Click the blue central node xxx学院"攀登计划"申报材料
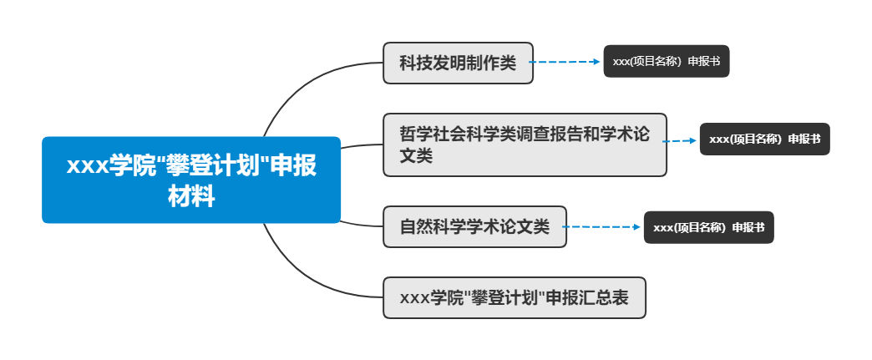pyautogui.click(x=191, y=180)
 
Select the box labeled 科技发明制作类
pyautogui.click(x=458, y=63)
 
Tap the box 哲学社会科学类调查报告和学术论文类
pyautogui.click(x=525, y=145)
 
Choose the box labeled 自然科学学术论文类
pyautogui.click(x=474, y=226)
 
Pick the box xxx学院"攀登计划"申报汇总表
pyautogui.click(x=515, y=297)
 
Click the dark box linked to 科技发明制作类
pyautogui.click(x=666, y=61)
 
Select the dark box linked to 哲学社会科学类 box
pyautogui.click(x=764, y=139)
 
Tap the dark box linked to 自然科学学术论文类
pyautogui.click(x=708, y=227)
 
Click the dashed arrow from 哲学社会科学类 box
pyautogui.click(x=681, y=141)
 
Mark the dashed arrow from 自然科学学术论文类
pyautogui.click(x=603, y=226)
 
